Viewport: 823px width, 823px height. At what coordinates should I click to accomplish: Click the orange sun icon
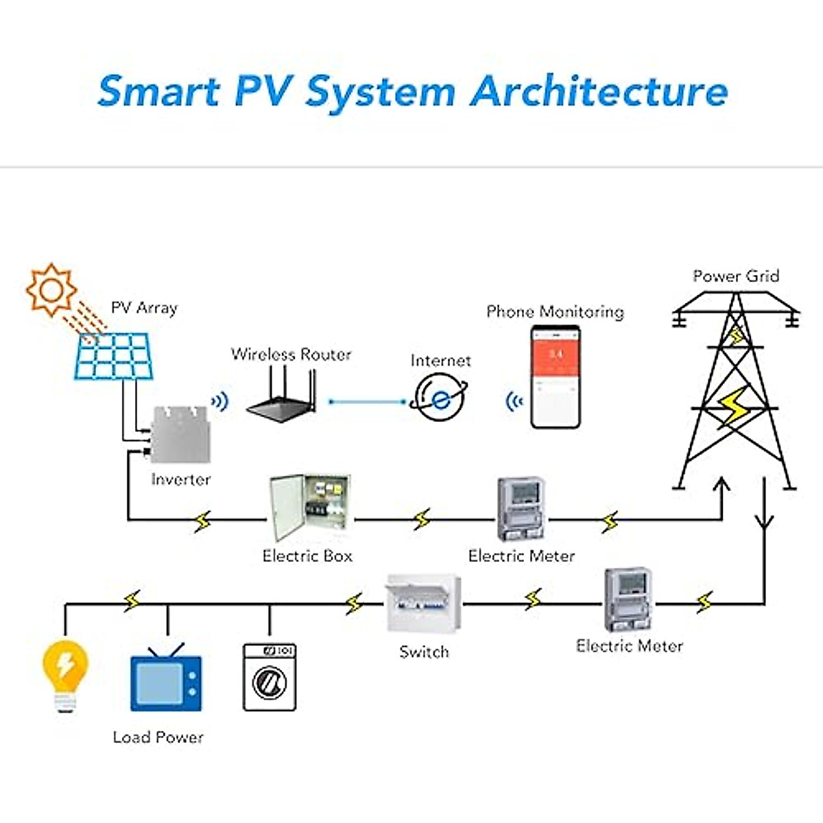coord(51,289)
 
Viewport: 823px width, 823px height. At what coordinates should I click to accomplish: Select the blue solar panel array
coord(113,356)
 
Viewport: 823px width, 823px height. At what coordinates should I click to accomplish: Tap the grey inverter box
coord(180,434)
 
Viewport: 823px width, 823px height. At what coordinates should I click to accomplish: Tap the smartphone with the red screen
coord(556,377)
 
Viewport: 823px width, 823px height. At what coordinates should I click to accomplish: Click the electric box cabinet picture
coord(309,508)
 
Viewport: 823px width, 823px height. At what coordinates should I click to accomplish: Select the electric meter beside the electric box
coord(521,511)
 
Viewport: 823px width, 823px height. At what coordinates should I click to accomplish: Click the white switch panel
coord(423,604)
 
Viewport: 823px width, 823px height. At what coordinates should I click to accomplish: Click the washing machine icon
coord(270,677)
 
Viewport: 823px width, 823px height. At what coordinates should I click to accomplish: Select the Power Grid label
coord(736,276)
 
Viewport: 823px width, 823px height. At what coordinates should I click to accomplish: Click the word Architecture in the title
coord(599,91)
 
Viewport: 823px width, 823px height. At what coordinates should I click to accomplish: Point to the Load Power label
coord(158,737)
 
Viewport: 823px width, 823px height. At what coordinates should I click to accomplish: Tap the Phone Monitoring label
coord(555,312)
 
